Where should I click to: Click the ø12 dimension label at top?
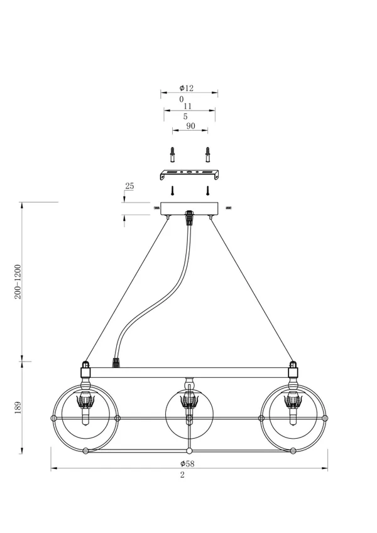point(187,88)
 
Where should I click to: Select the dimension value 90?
point(191,126)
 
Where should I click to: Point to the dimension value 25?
point(129,186)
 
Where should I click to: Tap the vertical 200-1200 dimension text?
point(18,282)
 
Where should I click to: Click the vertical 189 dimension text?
point(18,407)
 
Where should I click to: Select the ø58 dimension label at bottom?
point(187,463)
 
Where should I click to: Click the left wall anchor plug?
point(173,154)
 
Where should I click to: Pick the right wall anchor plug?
point(207,154)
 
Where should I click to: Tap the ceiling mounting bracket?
point(190,175)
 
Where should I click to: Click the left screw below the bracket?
point(173,190)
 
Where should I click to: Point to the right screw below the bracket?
point(207,190)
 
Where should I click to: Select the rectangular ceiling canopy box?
point(189,208)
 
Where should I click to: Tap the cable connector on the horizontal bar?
point(116,363)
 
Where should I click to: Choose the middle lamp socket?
point(189,401)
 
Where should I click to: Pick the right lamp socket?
point(293,401)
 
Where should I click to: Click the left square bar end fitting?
point(85,372)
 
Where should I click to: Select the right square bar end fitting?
point(293,372)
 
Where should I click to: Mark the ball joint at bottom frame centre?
point(189,451)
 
